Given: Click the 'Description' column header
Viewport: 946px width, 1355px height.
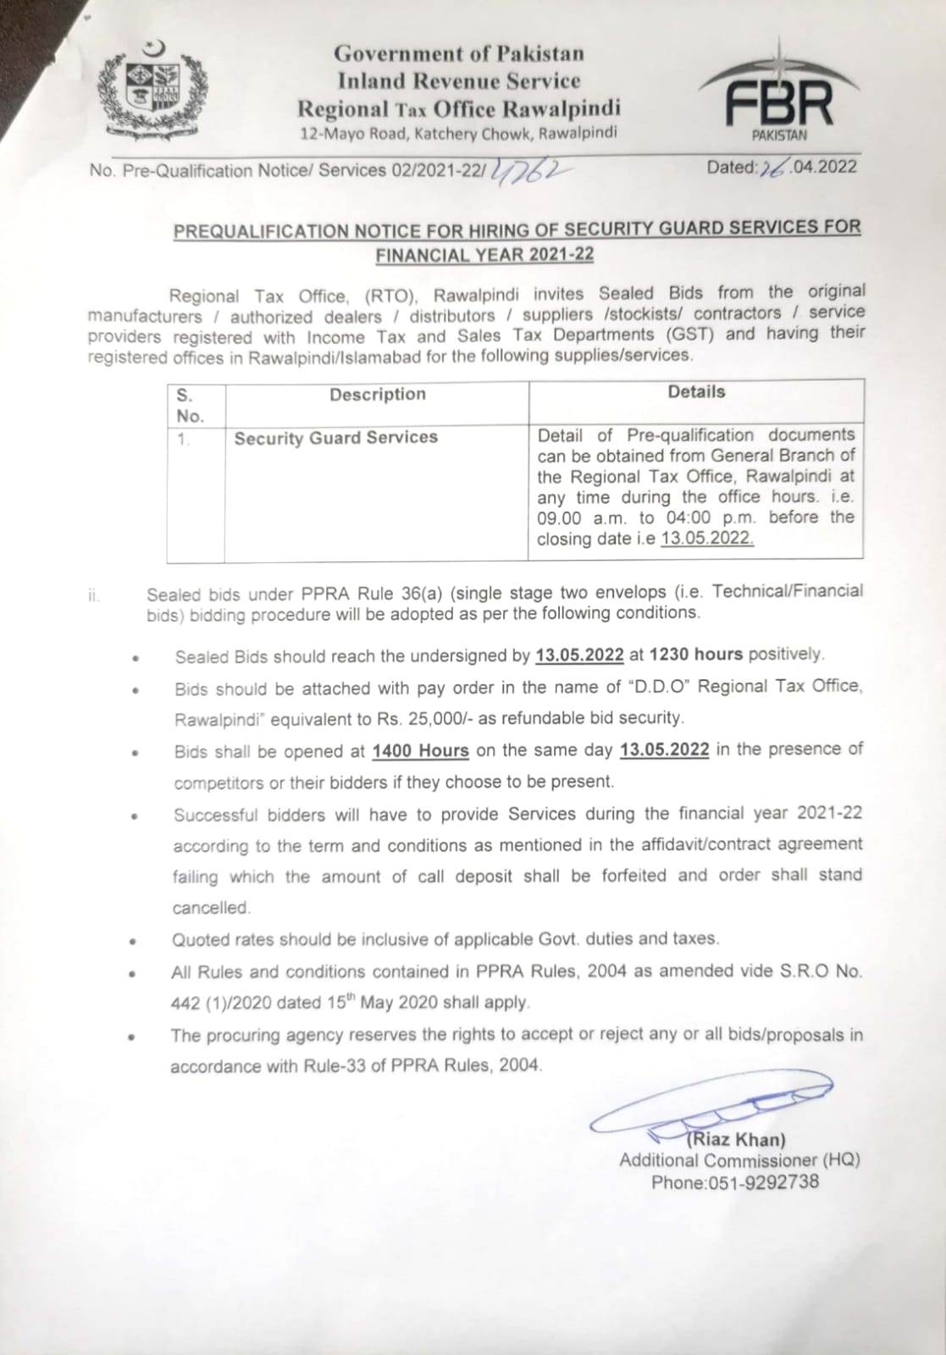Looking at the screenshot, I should click(378, 395).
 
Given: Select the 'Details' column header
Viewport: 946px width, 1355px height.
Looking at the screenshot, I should click(696, 392).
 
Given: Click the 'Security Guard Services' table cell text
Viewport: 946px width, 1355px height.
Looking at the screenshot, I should click(336, 438).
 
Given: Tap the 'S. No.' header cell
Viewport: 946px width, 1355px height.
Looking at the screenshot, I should click(190, 406).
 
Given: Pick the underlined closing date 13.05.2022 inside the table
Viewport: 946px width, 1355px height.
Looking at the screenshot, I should click(707, 539).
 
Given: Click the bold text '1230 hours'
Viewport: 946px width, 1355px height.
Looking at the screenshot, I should click(695, 654).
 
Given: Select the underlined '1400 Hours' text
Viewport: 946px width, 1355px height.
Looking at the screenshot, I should click(420, 750).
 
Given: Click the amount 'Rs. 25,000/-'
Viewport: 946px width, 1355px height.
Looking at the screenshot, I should click(423, 718).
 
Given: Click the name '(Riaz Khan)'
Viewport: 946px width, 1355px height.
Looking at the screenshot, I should click(736, 1140).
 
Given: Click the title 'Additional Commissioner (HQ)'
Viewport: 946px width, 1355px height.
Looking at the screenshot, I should click(739, 1160).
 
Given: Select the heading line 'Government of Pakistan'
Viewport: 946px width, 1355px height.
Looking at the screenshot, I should click(458, 53).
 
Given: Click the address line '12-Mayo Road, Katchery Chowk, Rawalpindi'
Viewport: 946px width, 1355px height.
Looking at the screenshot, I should click(458, 133).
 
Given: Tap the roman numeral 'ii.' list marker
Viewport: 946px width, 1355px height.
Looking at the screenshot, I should click(93, 595).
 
